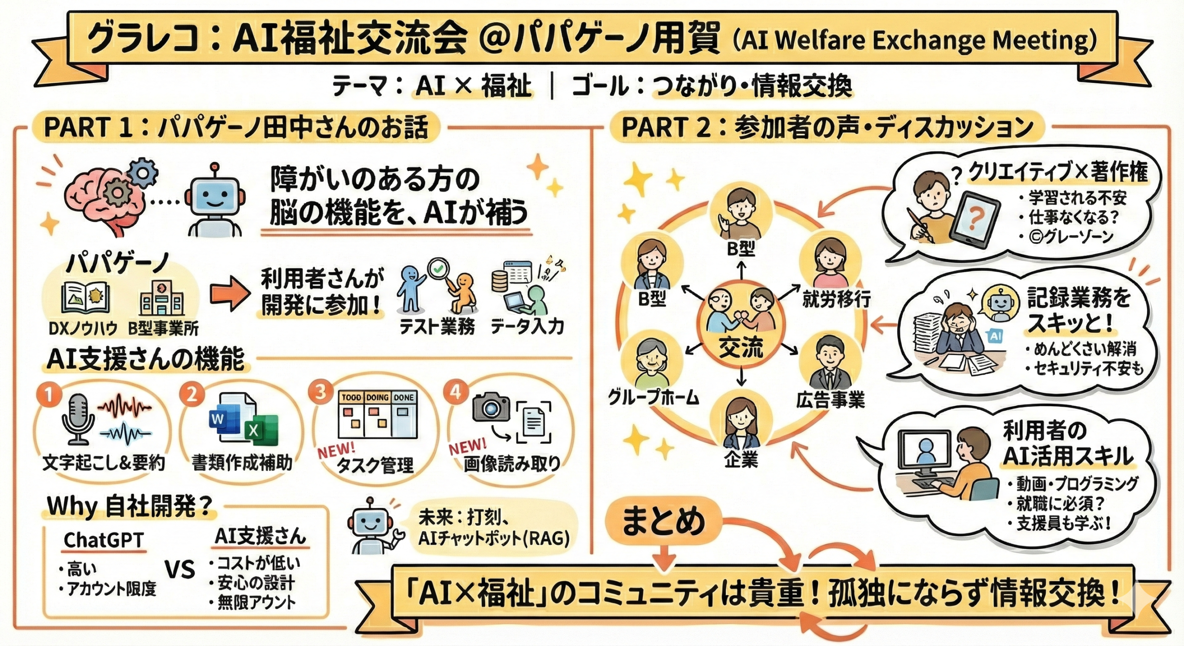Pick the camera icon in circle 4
coord(491,408)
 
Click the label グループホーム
coord(653,398)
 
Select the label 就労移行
coord(836,300)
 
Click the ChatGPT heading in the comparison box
coord(104,540)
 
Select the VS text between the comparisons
coord(180,569)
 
